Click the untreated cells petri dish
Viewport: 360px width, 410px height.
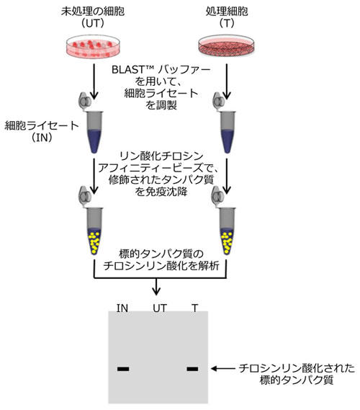(93, 47)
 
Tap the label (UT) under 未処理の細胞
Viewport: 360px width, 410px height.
(93, 24)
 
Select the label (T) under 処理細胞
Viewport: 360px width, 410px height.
(227, 24)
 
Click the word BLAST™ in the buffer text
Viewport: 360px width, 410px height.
(132, 70)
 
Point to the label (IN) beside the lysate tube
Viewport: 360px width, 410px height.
(42, 138)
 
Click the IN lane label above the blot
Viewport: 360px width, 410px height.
(122, 308)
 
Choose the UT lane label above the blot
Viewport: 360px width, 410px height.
(160, 308)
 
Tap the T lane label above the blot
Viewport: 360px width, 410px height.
(194, 308)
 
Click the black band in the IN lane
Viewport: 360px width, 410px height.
(123, 369)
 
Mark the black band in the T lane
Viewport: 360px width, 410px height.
(192, 369)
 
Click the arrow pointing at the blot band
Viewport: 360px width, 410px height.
(223, 369)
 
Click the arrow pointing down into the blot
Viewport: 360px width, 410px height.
(156, 286)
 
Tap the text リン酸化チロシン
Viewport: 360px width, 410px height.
(161, 156)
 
